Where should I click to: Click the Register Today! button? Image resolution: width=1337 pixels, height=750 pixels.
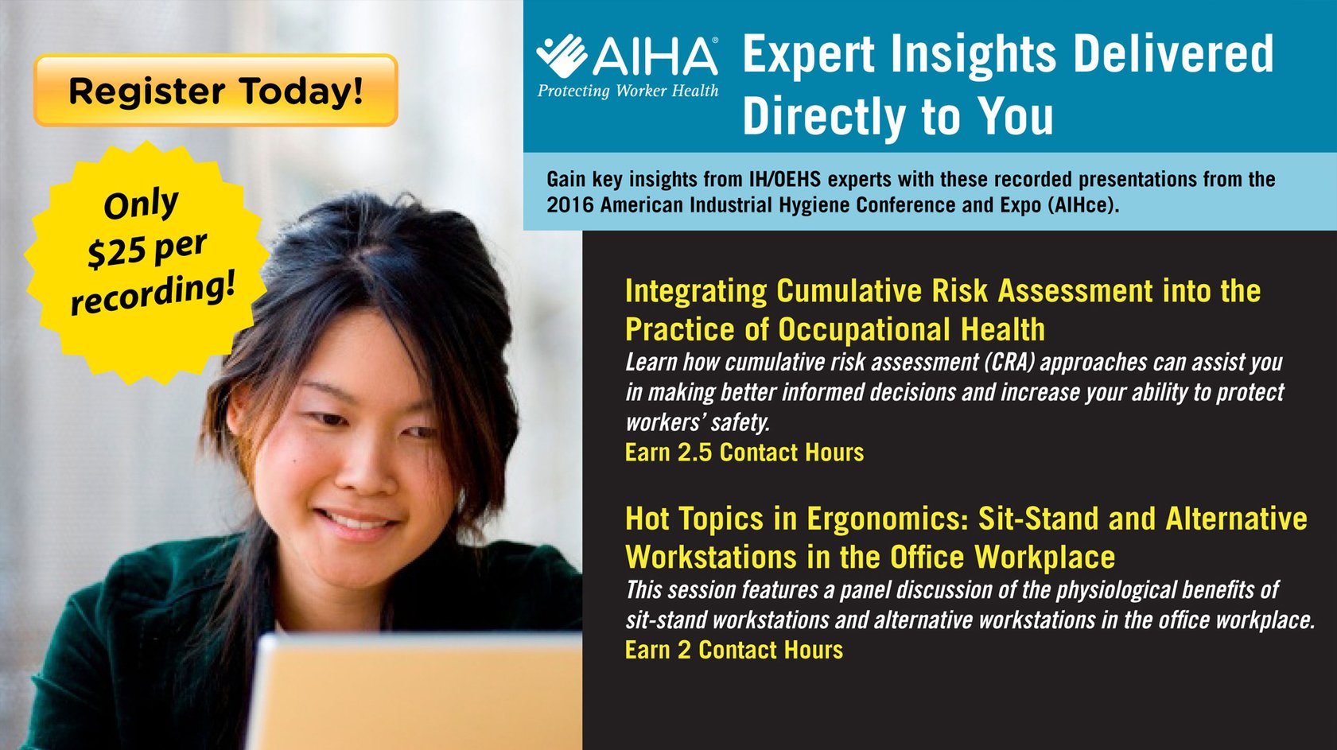[x=216, y=90]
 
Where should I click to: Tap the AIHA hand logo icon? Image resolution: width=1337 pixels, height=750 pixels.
[x=562, y=56]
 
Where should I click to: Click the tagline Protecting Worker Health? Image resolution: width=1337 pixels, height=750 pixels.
[x=628, y=91]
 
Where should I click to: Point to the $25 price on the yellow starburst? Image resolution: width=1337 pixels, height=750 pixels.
[x=116, y=251]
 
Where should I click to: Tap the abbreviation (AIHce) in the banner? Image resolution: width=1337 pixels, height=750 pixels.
[x=1082, y=204]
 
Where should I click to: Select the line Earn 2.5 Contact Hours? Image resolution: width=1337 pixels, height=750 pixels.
[x=744, y=453]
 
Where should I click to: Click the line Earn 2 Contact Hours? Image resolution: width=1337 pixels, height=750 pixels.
[x=733, y=650]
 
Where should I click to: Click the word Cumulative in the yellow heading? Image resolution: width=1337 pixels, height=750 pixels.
[x=849, y=290]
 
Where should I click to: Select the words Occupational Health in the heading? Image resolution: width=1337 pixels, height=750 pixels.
[x=911, y=328]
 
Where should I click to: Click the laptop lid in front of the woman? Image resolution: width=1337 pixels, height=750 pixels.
[x=415, y=692]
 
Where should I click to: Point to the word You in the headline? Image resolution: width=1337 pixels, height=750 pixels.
[x=1017, y=116]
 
